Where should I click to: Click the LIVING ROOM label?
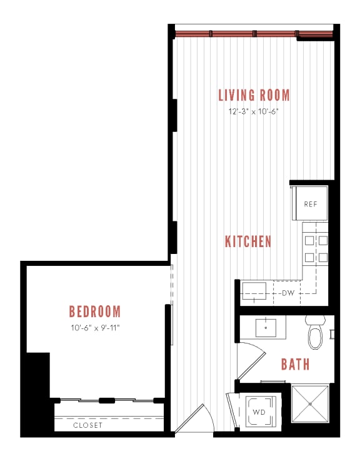[254, 95]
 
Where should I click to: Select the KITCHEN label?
[248, 241]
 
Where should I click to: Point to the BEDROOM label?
[94, 311]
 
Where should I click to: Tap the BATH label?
[295, 364]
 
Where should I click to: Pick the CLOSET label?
[87, 425]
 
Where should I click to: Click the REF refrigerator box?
[311, 204]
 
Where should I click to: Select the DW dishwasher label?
[287, 293]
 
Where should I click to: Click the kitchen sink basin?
[256, 291]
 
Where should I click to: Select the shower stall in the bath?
[310, 405]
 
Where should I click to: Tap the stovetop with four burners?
[315, 248]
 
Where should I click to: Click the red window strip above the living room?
[253, 33]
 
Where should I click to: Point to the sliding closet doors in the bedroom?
[106, 400]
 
